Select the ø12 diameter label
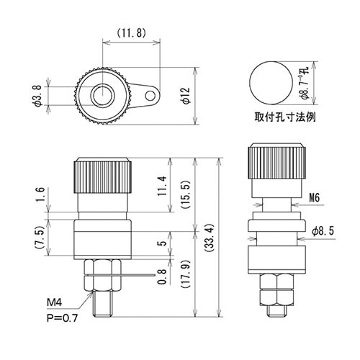coord(186,96)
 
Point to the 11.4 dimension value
coord(163,187)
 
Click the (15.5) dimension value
coord(184,192)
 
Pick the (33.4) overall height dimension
coord(208,237)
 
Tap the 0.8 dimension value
coord(163,277)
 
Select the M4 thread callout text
coord(55,301)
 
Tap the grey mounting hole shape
coord(267,82)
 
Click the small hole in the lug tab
coord(150,94)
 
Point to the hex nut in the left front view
coord(102,275)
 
